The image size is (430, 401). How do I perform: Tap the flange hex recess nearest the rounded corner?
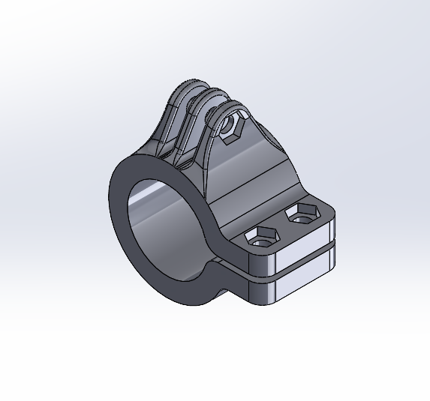[302, 214]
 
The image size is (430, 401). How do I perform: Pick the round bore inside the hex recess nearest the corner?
[302, 217]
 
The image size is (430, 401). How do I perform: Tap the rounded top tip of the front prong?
[224, 109]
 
